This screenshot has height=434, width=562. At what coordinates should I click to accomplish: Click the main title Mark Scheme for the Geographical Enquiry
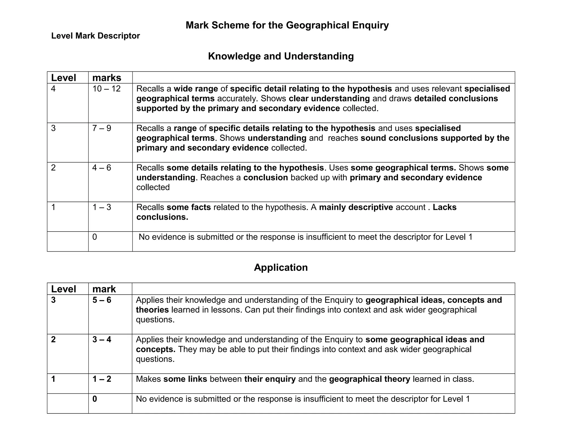click(287, 25)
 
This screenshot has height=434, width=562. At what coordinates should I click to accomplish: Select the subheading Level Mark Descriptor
click(95, 36)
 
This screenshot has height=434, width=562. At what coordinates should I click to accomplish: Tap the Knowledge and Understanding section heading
click(281, 56)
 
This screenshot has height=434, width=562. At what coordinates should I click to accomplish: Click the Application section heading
click(281, 267)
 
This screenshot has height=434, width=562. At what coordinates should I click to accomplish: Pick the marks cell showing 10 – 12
click(106, 89)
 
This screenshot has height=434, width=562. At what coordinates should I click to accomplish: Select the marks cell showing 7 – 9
click(102, 128)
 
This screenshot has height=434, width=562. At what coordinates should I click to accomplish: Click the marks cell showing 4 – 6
click(102, 168)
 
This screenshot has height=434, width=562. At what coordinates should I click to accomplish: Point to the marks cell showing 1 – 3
click(102, 207)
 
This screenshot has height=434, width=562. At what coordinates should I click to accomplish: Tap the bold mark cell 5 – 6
click(102, 300)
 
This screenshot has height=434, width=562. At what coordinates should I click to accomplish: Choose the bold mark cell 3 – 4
click(102, 340)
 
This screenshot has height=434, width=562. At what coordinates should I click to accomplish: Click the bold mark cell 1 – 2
click(102, 379)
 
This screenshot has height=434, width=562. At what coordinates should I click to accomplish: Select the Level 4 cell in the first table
click(53, 89)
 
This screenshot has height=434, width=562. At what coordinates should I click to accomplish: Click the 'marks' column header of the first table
click(107, 78)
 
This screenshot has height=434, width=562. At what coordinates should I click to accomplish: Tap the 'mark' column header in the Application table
click(104, 289)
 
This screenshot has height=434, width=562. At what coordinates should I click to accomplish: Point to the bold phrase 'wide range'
click(196, 89)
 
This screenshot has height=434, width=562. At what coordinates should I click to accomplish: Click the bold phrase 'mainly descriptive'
click(356, 207)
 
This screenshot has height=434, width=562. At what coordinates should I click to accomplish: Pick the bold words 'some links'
click(185, 379)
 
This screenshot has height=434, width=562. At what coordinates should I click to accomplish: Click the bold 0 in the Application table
click(95, 399)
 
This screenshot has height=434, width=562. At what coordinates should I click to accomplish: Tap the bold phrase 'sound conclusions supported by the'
click(435, 138)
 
